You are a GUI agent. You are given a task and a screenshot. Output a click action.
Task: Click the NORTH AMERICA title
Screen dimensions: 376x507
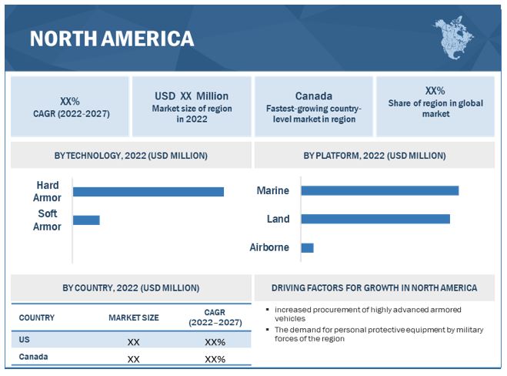(112, 39)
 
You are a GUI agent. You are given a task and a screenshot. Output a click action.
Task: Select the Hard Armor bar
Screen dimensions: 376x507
(148, 192)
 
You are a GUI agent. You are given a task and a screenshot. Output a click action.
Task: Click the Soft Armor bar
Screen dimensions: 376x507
(86, 220)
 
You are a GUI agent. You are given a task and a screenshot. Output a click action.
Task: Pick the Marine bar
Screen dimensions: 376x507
(380, 191)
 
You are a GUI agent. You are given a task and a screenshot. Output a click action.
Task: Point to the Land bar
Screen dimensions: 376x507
(375, 219)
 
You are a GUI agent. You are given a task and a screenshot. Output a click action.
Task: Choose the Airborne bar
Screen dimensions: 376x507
(308, 247)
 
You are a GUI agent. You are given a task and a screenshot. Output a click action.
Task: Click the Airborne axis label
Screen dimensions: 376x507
(269, 247)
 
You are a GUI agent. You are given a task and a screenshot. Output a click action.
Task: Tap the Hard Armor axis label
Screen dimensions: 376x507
(48, 192)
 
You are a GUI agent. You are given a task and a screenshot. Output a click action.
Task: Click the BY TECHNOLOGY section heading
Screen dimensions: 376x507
(131, 156)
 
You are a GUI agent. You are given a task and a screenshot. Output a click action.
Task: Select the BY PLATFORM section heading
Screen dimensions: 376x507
(375, 156)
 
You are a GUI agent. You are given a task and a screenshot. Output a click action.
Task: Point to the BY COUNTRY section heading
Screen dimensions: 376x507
(131, 287)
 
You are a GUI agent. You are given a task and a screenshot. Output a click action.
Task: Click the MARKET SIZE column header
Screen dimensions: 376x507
(133, 317)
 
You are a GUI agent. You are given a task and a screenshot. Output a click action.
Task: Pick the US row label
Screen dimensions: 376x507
(25, 339)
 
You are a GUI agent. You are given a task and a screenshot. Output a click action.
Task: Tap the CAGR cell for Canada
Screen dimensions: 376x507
(215, 359)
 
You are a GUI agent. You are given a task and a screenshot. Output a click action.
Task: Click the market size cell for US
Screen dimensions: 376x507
(133, 341)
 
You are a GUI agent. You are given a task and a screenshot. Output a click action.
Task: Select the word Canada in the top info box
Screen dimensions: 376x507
(314, 96)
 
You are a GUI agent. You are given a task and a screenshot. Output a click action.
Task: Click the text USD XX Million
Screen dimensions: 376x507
(192, 96)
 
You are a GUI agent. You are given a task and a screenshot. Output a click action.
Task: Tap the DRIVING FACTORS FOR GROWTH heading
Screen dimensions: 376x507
(375, 287)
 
